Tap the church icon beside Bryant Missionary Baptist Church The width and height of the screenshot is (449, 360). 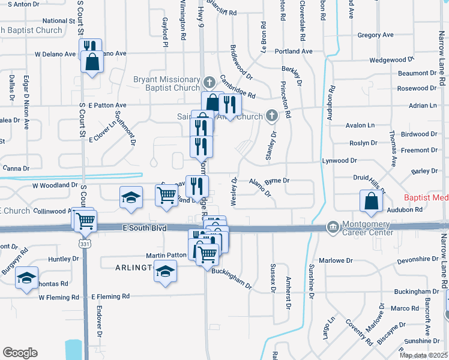tap(209, 82)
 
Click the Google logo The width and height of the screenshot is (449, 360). tap(20, 353)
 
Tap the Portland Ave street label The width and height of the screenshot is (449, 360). tap(294, 52)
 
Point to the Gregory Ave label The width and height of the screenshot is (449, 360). tap(375, 35)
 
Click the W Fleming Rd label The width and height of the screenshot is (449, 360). tap(59, 297)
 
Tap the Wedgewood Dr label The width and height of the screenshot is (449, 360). tap(392, 60)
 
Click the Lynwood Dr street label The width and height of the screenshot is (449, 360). tap(339, 161)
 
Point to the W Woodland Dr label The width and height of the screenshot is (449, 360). tap(55, 185)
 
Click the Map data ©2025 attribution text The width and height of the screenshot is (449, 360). tap(423, 355)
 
